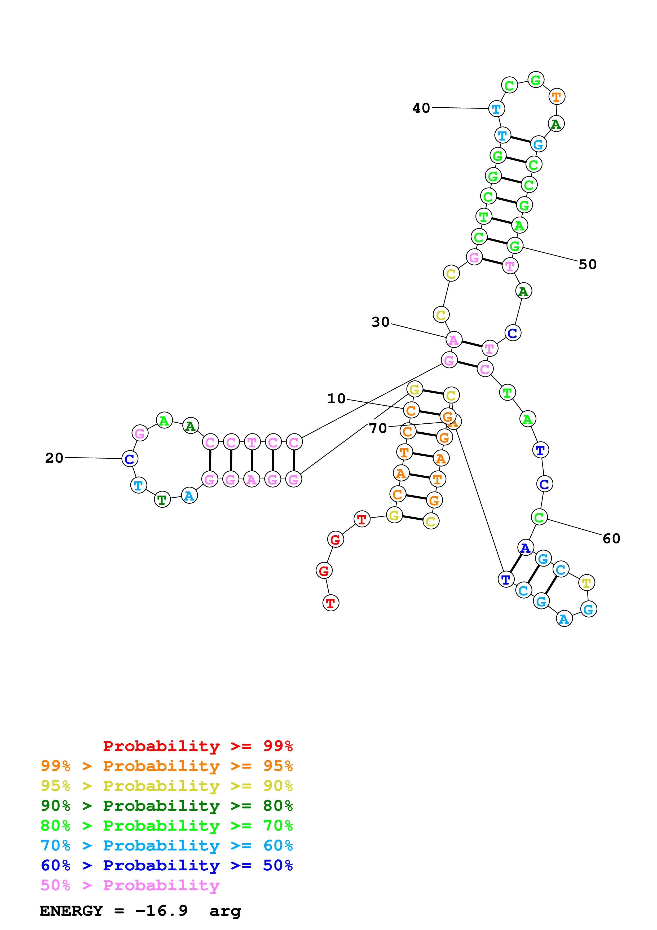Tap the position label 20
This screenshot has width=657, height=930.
point(54,458)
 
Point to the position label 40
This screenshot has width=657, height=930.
point(421,108)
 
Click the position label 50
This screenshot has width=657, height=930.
point(587,265)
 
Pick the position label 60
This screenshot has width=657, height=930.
point(611,539)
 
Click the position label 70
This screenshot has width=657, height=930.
point(378,428)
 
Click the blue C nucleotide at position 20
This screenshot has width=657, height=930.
point(130,459)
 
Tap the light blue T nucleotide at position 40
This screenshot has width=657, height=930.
point(496,109)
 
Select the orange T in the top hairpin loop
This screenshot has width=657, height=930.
point(557,97)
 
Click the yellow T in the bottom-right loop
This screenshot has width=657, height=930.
point(586,583)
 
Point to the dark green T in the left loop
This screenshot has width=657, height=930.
point(162,500)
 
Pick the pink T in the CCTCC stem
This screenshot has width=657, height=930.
point(252,442)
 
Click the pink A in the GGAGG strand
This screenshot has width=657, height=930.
point(252,480)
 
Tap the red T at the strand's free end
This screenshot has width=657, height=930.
point(331,603)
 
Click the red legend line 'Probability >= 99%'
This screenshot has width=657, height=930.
point(197,746)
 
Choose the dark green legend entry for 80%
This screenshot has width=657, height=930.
point(166,806)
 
